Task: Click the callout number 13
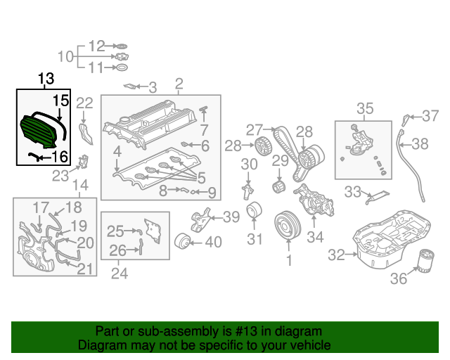pos(45,79)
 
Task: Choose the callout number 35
pos(365,108)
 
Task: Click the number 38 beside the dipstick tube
pos(420,144)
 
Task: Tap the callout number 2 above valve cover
pos(179,84)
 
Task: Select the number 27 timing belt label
pos(253,129)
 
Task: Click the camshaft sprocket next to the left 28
pos(263,148)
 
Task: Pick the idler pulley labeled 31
pos(255,212)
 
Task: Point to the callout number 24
pos(120,273)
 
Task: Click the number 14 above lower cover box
pos(80,185)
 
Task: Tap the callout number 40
pos(212,243)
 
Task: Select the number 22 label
pos(84,104)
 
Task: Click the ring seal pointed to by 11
pos(121,68)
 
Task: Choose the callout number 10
pos(65,56)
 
